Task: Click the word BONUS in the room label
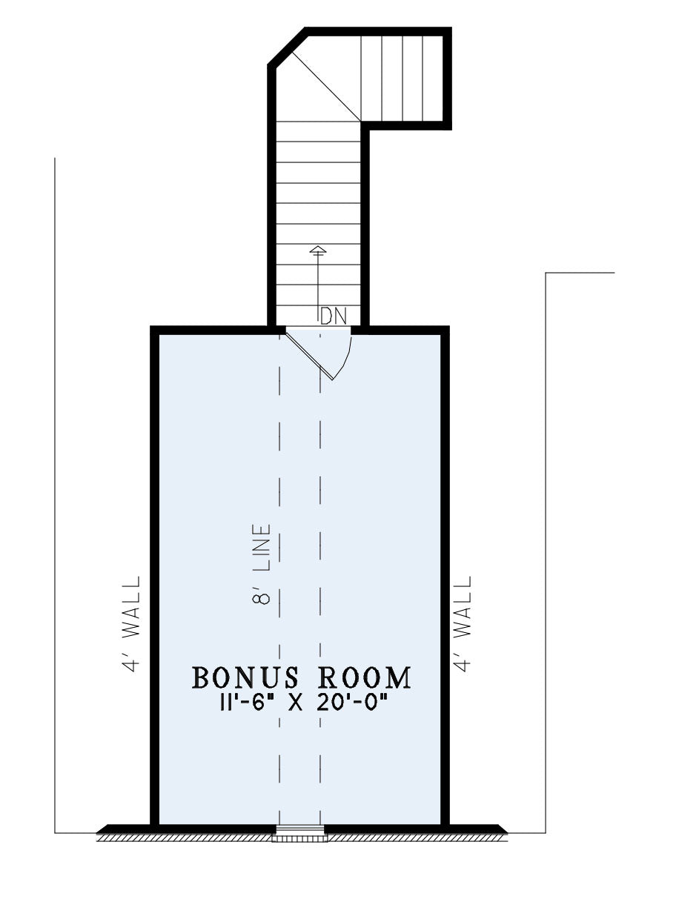click(245, 677)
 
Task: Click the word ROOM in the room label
click(365, 677)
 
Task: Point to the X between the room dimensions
click(295, 705)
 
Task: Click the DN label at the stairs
click(334, 316)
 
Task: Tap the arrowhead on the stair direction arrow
click(318, 250)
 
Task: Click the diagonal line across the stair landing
click(326, 87)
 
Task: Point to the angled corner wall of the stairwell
click(288, 47)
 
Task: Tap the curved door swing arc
click(345, 357)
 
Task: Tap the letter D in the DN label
click(326, 316)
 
